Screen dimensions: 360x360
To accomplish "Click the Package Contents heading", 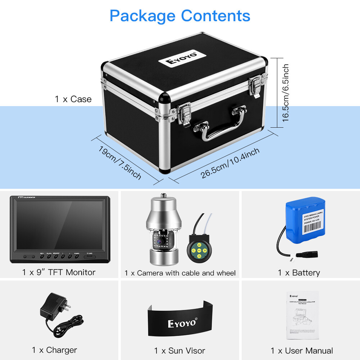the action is coord(180,16).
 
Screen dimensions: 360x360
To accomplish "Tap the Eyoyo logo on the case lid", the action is coord(182,58).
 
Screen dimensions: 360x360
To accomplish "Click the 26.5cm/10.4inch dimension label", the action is coord(230,163).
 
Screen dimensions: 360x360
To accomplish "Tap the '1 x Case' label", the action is coord(73,99).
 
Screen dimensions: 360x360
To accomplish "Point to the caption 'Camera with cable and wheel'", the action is coord(180,273).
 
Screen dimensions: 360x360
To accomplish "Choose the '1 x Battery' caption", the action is coord(299,273).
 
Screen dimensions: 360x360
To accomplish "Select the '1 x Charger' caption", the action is coord(54,350).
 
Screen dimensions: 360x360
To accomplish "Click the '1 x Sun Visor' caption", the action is coord(179,350).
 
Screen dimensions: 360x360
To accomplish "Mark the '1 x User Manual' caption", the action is coord(302,350).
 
